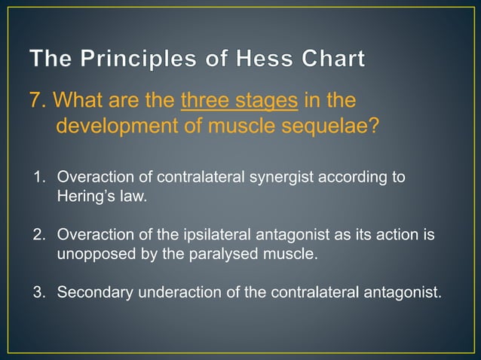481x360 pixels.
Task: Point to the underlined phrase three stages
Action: tap(239, 100)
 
